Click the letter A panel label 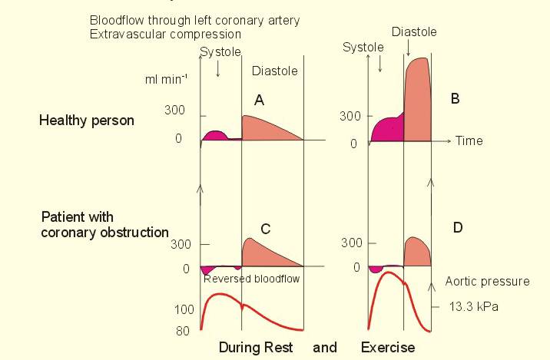(259, 101)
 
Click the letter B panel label (455, 98)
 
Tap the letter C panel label (266, 229)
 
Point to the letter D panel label (458, 228)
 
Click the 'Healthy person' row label (87, 121)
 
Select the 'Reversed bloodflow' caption (251, 279)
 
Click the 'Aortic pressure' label (487, 282)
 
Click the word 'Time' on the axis (469, 141)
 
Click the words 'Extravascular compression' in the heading (165, 34)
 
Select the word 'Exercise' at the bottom (388, 348)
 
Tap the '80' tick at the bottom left (183, 331)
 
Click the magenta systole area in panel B (386, 130)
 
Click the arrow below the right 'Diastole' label (409, 48)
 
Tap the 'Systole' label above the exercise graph (363, 48)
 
